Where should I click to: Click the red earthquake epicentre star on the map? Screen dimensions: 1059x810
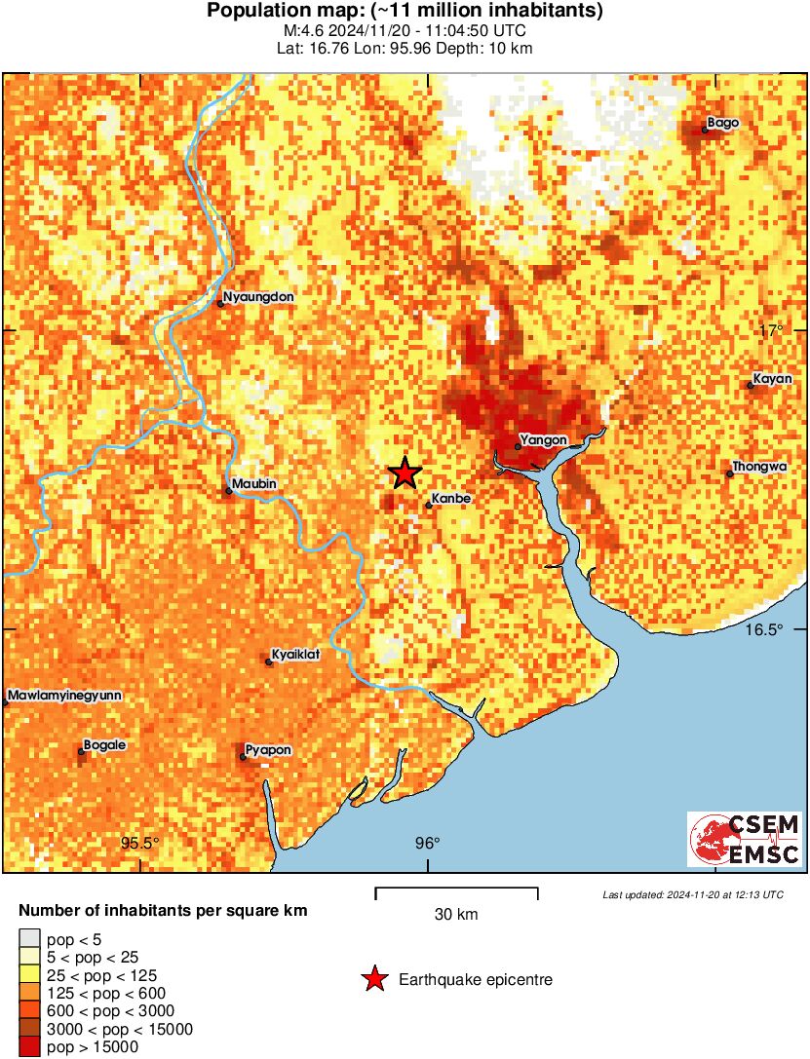tap(405, 473)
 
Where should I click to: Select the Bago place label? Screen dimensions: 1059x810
tap(723, 123)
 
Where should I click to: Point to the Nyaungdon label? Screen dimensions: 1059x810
tap(258, 297)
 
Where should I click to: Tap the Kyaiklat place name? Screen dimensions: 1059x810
tap(295, 655)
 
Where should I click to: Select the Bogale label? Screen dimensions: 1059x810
tap(105, 745)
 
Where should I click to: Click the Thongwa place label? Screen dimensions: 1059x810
tap(759, 467)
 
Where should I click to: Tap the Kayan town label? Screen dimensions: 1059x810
tap(772, 378)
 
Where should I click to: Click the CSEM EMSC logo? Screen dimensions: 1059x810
tap(746, 840)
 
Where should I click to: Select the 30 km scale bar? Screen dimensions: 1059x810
tap(456, 890)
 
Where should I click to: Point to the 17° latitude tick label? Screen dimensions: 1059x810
tap(773, 330)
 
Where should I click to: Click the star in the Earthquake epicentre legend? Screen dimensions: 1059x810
tap(374, 979)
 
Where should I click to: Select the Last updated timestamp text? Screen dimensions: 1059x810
tap(692, 894)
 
